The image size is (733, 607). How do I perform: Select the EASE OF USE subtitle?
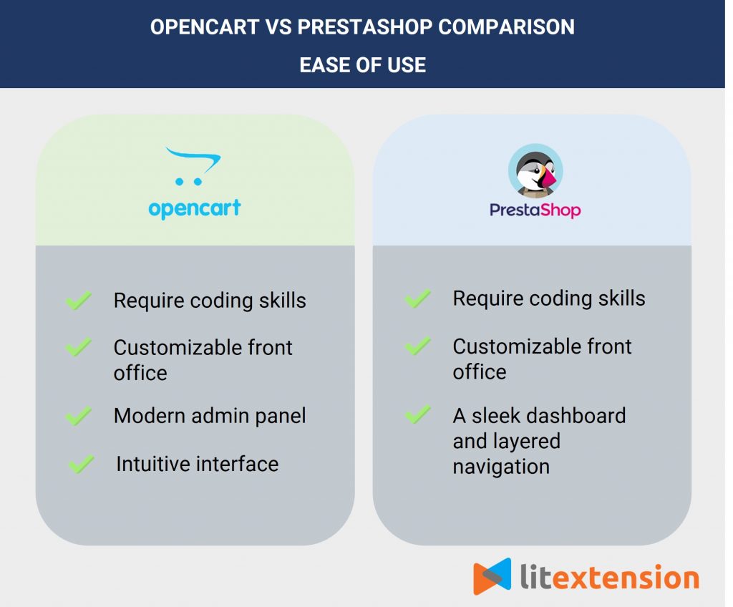[x=362, y=64]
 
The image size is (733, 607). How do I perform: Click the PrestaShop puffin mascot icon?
[x=535, y=173]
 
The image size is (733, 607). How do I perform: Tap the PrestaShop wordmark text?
[x=535, y=210]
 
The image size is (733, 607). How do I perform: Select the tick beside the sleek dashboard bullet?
[x=417, y=415]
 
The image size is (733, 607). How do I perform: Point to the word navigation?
[x=501, y=467]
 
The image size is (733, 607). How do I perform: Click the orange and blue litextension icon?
[x=492, y=576]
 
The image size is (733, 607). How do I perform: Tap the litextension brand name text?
[x=608, y=577]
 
